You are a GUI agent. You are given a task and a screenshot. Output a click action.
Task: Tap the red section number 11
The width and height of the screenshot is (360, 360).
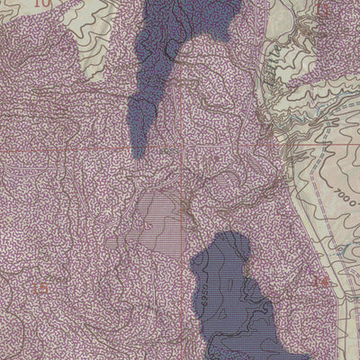click(x=325, y=8)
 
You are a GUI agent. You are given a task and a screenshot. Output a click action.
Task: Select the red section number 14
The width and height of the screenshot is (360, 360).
click(x=316, y=283)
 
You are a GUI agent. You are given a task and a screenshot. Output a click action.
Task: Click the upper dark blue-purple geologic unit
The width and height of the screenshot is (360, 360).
click(x=180, y=45)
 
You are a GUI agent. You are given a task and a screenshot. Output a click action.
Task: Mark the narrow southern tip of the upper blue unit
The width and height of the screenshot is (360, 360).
click(x=138, y=148)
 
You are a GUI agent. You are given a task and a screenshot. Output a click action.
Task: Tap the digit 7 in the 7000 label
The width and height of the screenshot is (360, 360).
click(x=321, y=192)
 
